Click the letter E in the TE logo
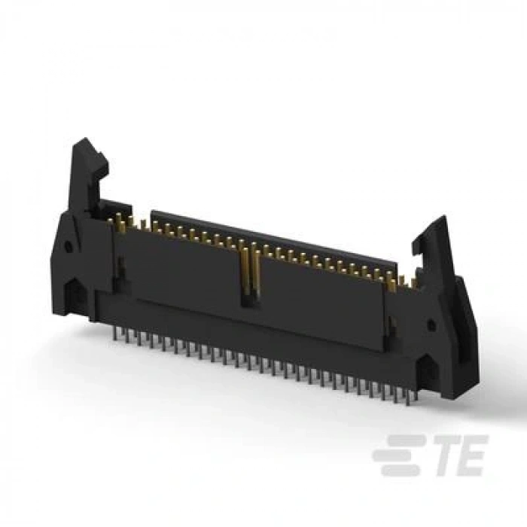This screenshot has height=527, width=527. pyautogui.click(x=471, y=455)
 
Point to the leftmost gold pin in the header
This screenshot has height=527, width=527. pyautogui.click(x=119, y=218)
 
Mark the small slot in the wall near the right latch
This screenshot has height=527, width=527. pyautogui.click(x=391, y=325)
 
